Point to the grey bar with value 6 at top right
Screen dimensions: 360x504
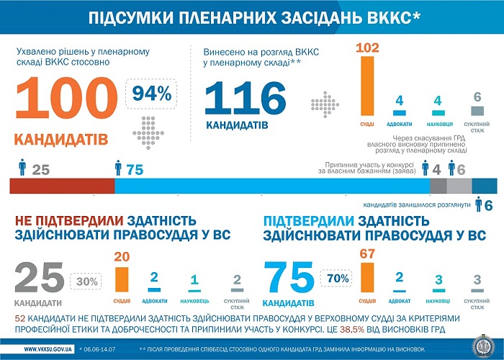click(x=477, y=111)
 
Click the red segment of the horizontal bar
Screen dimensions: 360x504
click(x=62, y=186)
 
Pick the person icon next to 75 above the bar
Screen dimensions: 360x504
click(x=118, y=168)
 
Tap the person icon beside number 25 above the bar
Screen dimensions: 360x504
click(x=22, y=168)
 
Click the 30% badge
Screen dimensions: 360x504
click(x=87, y=282)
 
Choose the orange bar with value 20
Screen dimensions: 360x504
click(x=122, y=279)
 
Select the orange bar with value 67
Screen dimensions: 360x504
click(x=367, y=276)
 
